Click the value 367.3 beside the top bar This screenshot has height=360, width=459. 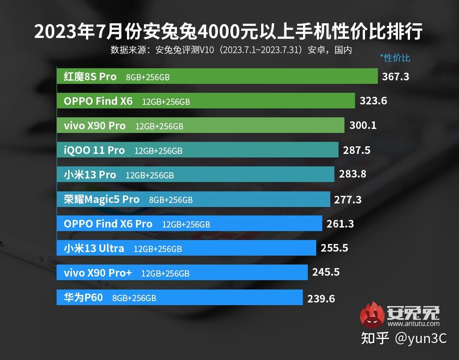pyautogui.click(x=395, y=77)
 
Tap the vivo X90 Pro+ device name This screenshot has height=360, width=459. pyautogui.click(x=98, y=273)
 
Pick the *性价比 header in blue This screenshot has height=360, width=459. pyautogui.click(x=395, y=58)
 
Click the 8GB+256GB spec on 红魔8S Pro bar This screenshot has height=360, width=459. pyautogui.click(x=148, y=77)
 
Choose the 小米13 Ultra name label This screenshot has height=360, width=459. pyautogui.click(x=94, y=248)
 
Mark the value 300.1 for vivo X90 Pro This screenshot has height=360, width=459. pyautogui.click(x=363, y=125)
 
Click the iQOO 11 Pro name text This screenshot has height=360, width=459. pyautogui.click(x=94, y=150)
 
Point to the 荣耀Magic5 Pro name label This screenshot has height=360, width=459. pyautogui.click(x=102, y=199)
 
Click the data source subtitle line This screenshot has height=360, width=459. pyautogui.click(x=231, y=50)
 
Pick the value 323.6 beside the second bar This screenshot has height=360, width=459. pyautogui.click(x=373, y=101)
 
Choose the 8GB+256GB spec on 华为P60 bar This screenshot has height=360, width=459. pyautogui.click(x=134, y=298)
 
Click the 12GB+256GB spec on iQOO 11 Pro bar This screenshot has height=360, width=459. pyautogui.click(x=158, y=151)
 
